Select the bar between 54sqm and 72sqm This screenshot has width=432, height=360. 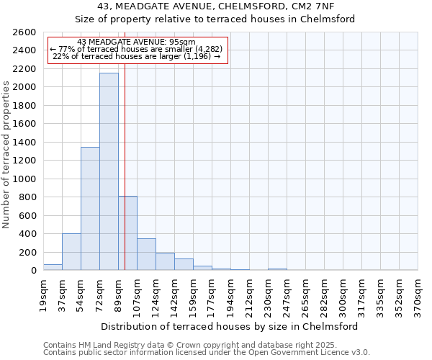pyautogui.click(x=90, y=209)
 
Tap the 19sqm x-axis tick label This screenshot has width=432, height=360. pyautogui.click(x=43, y=295)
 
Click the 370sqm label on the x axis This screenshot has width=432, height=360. pyautogui.click(x=418, y=295)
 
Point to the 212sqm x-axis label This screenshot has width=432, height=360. pyautogui.click(x=249, y=295)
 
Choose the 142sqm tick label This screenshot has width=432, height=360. pyautogui.click(x=174, y=295)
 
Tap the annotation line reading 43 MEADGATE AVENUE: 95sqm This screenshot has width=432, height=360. pyautogui.click(x=136, y=42)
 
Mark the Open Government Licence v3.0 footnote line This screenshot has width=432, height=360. pyautogui.click(x=207, y=353)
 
